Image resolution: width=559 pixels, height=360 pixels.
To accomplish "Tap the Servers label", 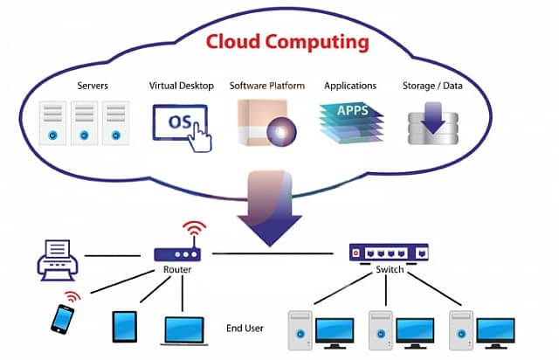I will (92, 86).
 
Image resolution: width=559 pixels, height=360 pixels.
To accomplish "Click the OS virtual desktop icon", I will (181, 123).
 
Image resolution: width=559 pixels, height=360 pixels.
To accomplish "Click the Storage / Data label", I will (433, 86).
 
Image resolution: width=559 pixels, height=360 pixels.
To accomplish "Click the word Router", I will (176, 270).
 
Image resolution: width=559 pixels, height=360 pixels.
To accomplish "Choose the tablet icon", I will (124, 326).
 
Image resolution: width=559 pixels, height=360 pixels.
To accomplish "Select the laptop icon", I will (182, 329).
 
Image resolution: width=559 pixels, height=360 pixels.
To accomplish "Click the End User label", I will (244, 328).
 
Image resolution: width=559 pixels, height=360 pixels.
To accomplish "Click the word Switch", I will (390, 270).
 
